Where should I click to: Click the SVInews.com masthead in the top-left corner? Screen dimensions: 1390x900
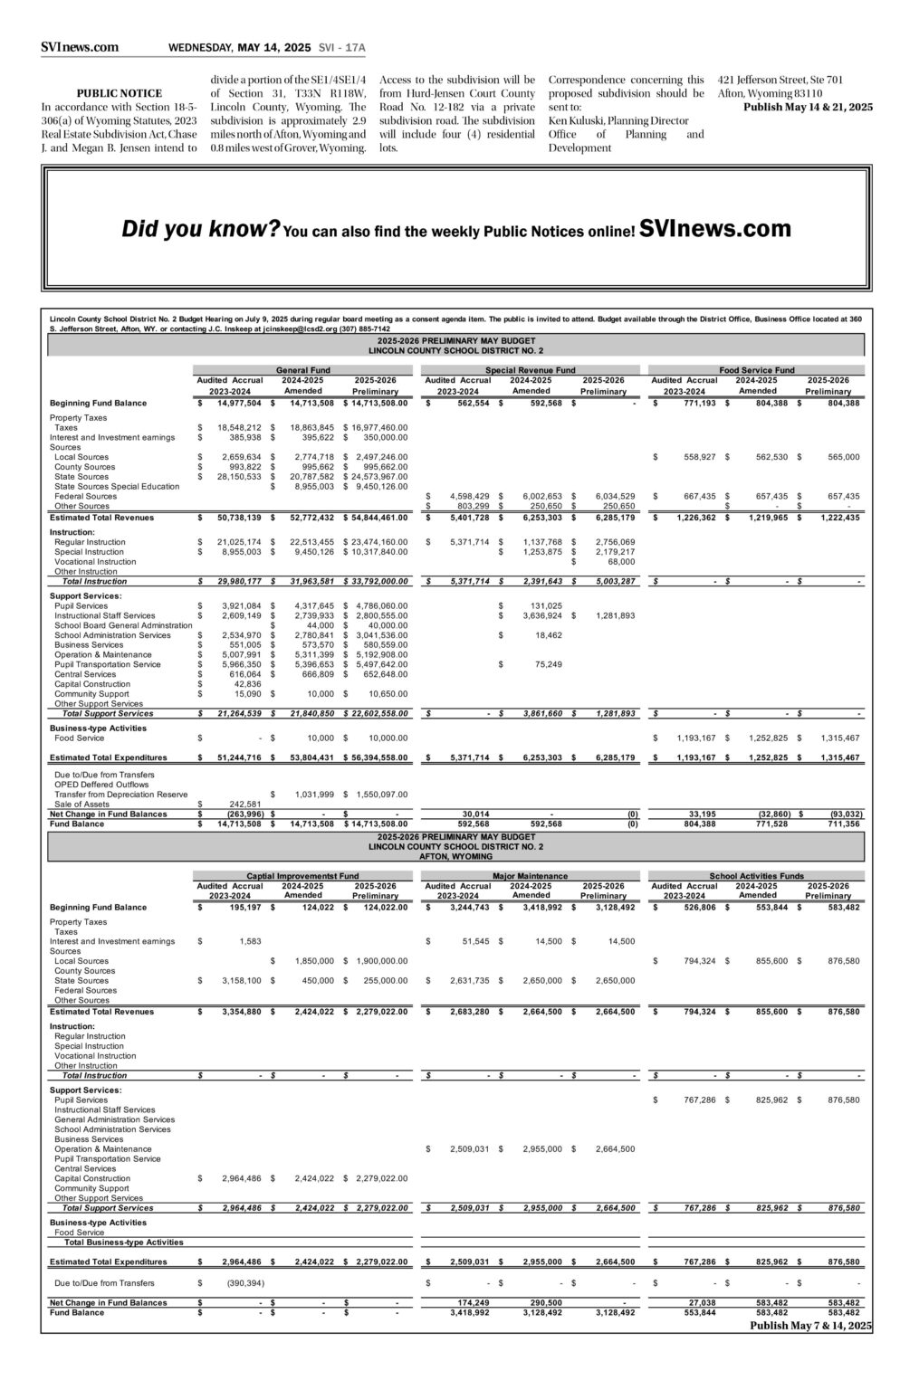(x=80, y=48)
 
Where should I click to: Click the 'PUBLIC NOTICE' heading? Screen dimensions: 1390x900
(x=119, y=93)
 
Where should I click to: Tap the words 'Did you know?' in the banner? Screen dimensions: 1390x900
(x=200, y=230)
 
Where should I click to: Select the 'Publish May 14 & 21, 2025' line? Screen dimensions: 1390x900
(x=808, y=107)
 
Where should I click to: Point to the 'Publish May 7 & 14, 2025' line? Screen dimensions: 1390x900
(x=810, y=1325)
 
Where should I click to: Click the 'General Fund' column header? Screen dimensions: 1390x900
(x=302, y=370)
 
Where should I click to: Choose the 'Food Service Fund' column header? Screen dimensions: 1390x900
(x=756, y=370)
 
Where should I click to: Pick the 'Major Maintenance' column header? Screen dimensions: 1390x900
(x=530, y=876)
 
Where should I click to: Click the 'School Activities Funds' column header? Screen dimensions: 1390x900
(x=756, y=876)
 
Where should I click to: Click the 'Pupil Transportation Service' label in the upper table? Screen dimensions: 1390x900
(x=107, y=664)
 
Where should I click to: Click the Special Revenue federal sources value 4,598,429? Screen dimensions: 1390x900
(x=469, y=496)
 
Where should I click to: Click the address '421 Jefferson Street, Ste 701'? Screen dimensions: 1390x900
(x=780, y=80)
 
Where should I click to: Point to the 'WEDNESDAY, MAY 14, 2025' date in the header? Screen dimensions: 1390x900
(x=239, y=48)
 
